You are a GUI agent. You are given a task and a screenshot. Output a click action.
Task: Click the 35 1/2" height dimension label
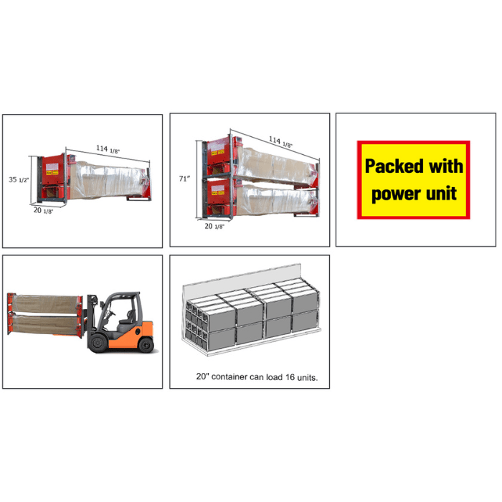[x=19, y=179]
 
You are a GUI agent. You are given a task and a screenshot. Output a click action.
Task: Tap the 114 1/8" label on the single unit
[x=108, y=149]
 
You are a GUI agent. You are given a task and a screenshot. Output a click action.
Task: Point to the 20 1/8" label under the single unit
[x=43, y=211]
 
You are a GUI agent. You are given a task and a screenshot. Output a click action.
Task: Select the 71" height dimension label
[x=185, y=179]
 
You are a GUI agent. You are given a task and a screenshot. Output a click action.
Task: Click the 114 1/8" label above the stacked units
[x=280, y=142]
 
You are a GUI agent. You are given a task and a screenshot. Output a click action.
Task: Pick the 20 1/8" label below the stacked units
[x=214, y=227]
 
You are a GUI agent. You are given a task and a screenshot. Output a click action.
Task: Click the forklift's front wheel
[x=98, y=343]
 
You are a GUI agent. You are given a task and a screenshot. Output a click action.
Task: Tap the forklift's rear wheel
[x=146, y=345]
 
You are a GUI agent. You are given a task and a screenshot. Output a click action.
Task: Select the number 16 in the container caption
[x=290, y=377]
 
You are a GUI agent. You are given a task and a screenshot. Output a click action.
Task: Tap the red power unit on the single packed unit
[x=53, y=177]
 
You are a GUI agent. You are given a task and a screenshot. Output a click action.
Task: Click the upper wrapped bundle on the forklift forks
[x=45, y=303]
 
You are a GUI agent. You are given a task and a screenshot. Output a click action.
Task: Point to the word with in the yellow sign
[x=446, y=166]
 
